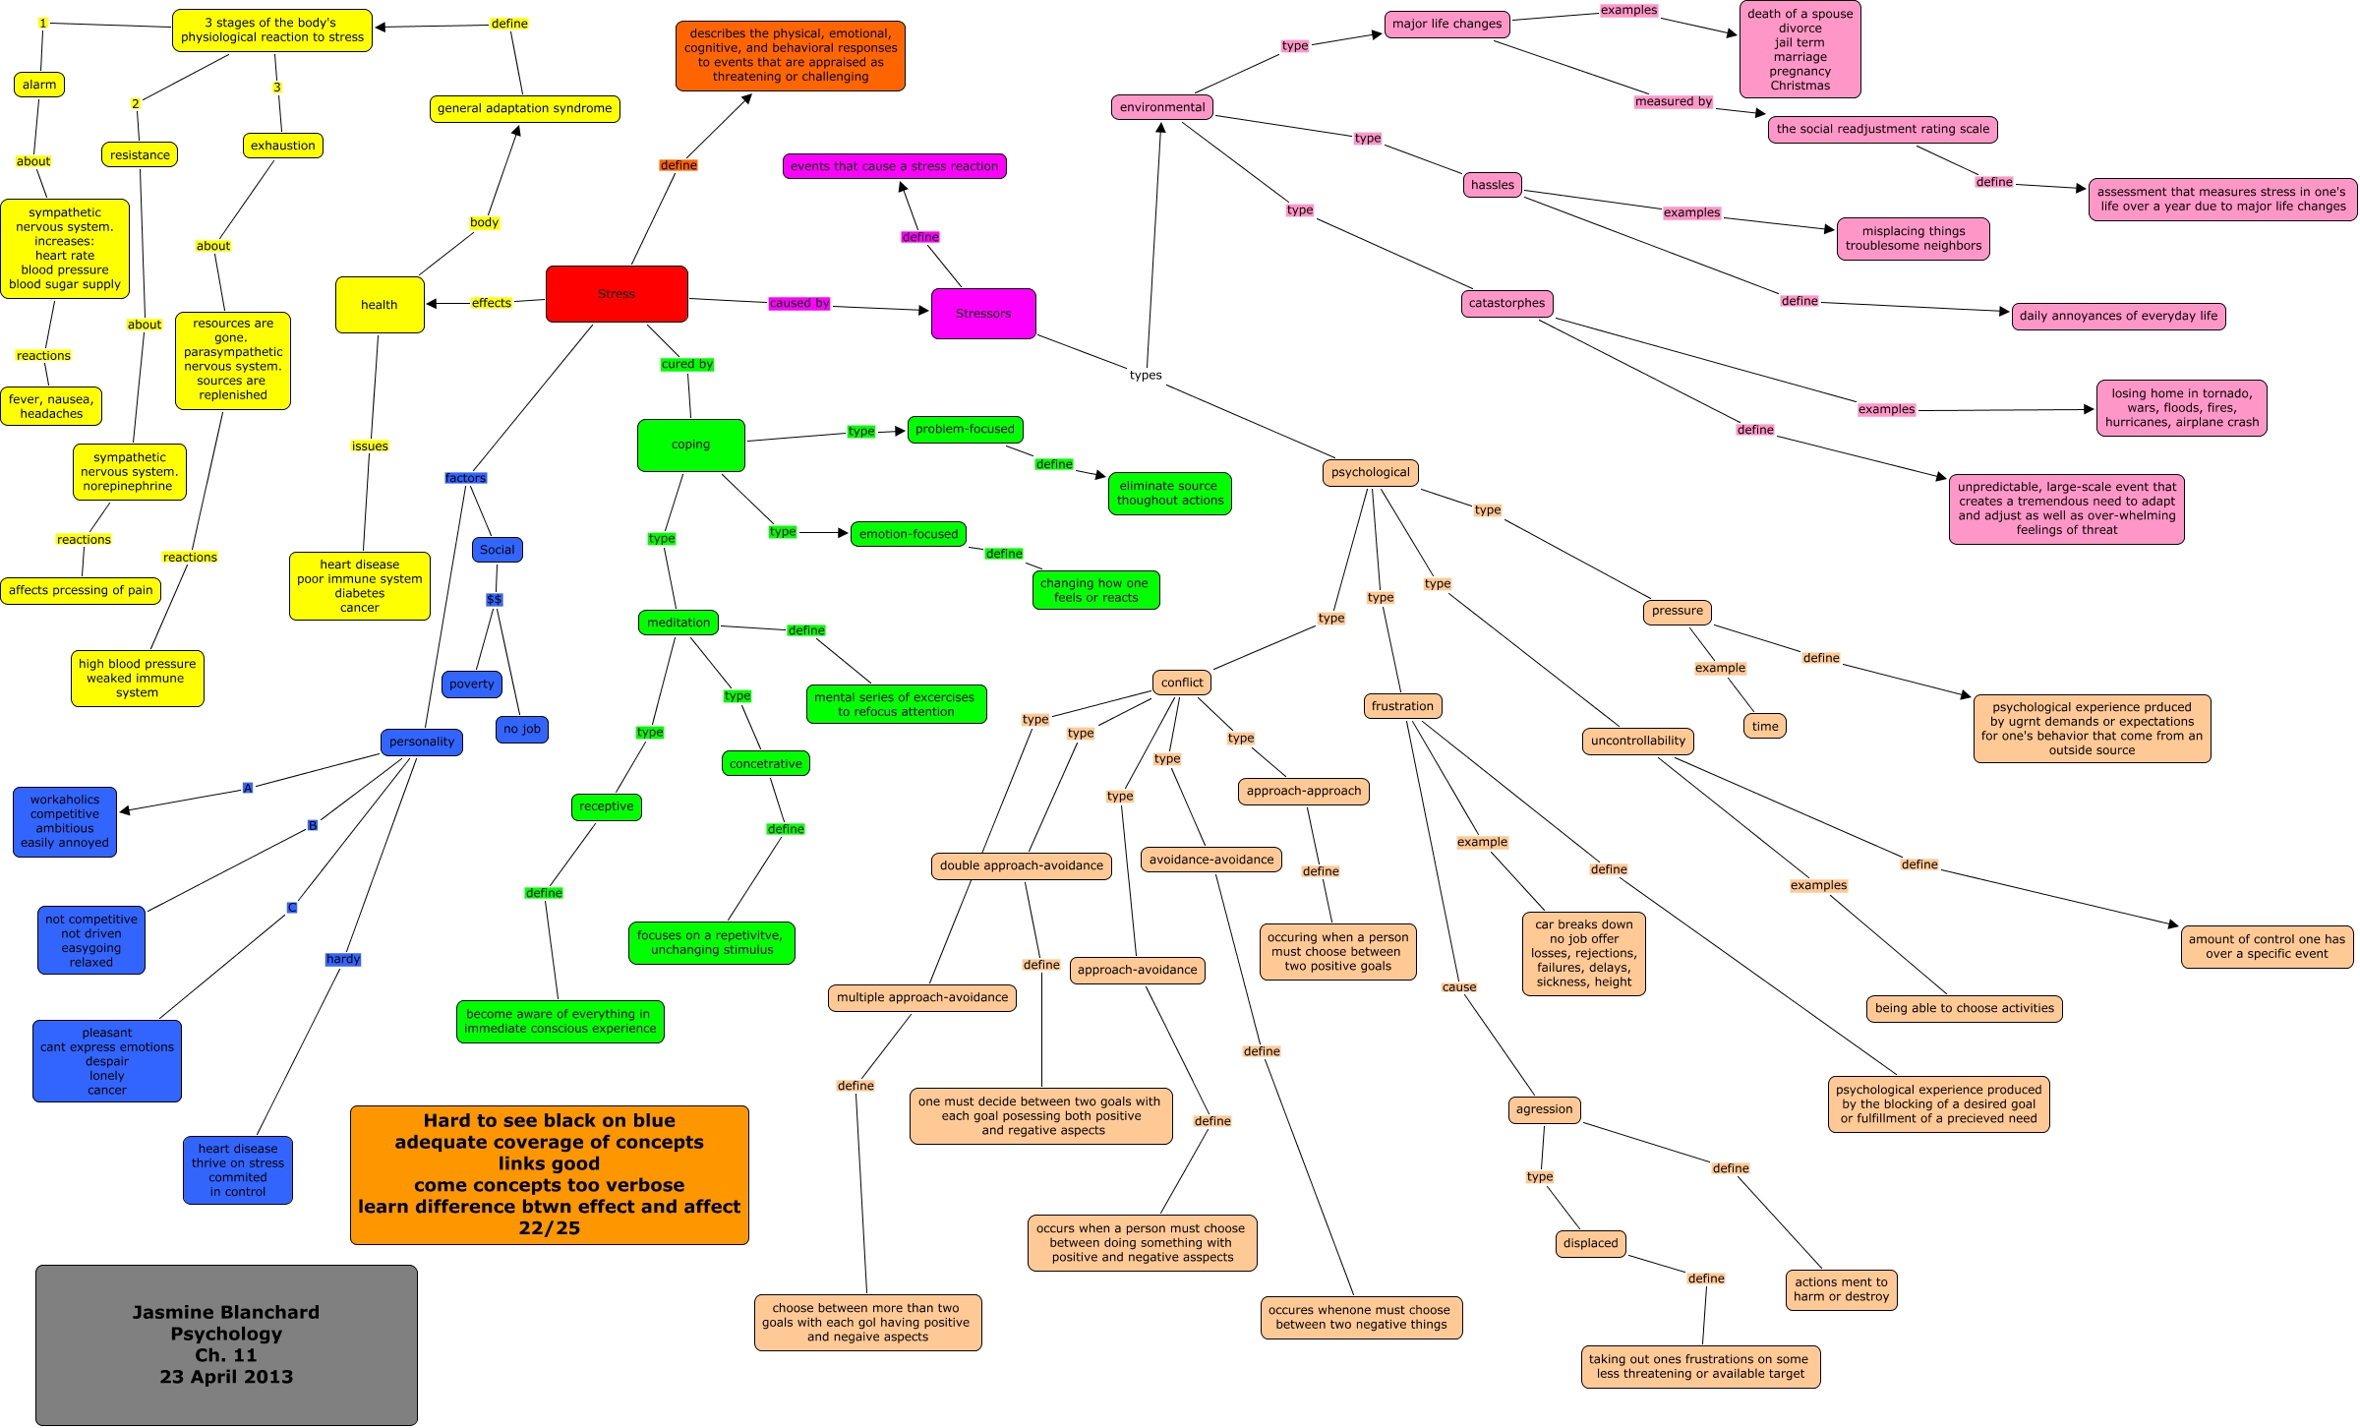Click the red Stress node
[x=617, y=294]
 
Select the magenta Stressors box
[x=982, y=314]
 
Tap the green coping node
[x=690, y=445]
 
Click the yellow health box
[x=379, y=305]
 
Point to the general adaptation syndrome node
[x=524, y=108]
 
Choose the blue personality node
[x=422, y=742]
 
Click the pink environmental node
[x=1161, y=107]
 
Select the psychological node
[x=1370, y=472]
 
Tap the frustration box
[x=1402, y=706]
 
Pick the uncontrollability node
[x=1637, y=741]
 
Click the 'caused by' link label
[x=799, y=303]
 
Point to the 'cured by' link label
[x=686, y=364]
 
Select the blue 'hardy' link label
[x=343, y=959]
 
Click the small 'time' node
[x=1764, y=727]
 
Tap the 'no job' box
[x=521, y=729]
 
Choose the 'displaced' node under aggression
[x=1590, y=1243]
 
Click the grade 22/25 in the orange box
[x=549, y=1228]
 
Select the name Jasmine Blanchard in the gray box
[x=226, y=1312]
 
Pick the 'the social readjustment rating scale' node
[x=1882, y=129]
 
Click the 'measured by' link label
[x=1673, y=101]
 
